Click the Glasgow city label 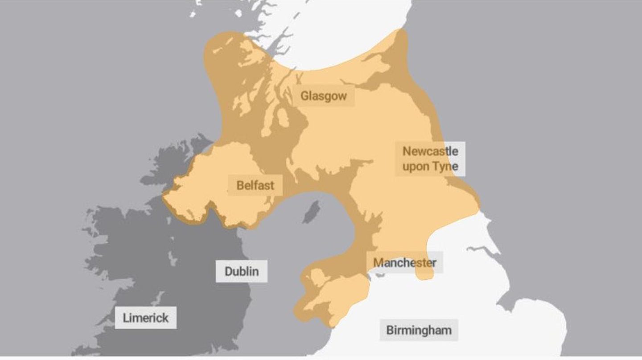(323, 96)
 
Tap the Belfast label (255, 185)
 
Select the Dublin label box (242, 271)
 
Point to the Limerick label (146, 318)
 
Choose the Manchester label (404, 262)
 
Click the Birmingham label (419, 330)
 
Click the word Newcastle (430, 151)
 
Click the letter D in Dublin (229, 271)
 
